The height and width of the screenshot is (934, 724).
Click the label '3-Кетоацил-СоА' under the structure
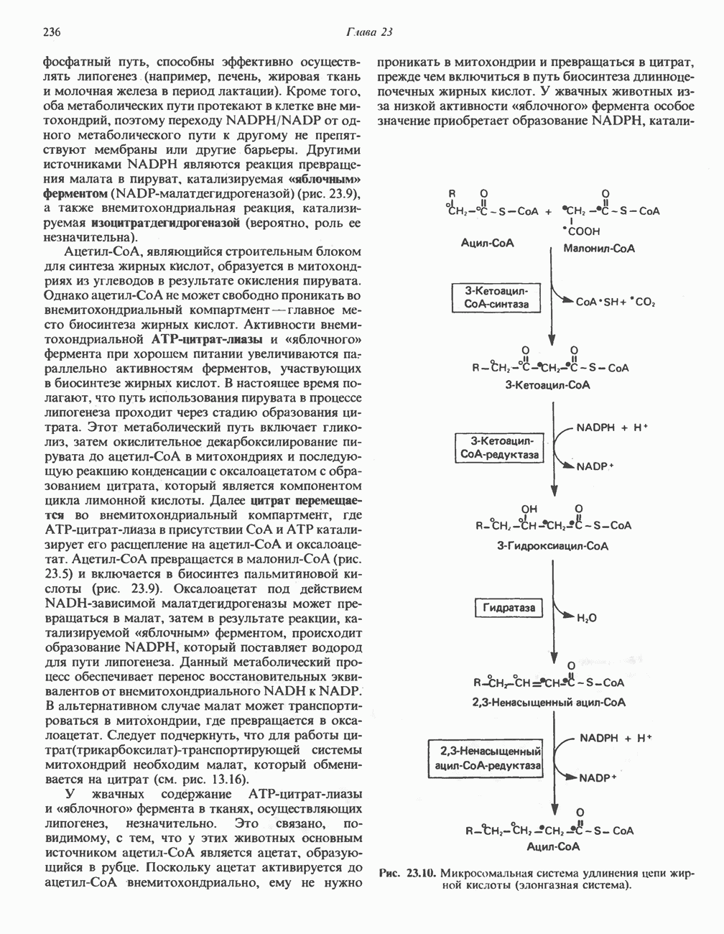547,385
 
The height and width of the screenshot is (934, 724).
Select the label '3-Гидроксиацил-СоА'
552,545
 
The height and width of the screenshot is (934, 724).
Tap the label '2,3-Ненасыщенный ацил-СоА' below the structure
549,702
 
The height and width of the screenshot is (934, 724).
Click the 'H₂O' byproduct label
587,618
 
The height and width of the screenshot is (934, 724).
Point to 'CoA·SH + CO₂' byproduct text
616,302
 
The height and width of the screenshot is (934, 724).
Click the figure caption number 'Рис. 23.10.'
407,874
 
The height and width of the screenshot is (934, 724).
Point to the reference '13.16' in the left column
226,779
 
